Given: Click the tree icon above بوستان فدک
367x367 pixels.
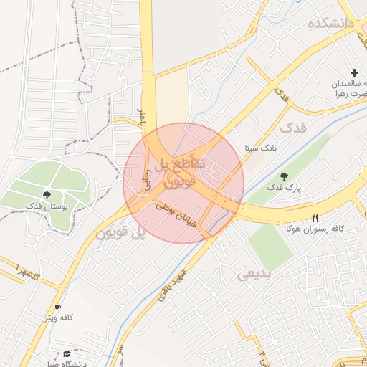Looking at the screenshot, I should pos(47,194).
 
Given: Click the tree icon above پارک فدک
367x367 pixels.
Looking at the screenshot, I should pos(284,176).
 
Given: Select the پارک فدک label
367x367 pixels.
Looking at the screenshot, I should pos(285,188).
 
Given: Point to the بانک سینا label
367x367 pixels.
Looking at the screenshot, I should pos(260,148).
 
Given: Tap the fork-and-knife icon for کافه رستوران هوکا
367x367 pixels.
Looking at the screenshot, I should pos(315,218).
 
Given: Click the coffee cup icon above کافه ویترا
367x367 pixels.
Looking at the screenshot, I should pos(57,307).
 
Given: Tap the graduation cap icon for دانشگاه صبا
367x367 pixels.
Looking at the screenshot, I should pos(67,354).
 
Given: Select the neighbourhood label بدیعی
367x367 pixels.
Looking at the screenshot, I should pos(254,273).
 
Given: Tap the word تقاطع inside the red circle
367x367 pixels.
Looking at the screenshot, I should pos(190,164).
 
